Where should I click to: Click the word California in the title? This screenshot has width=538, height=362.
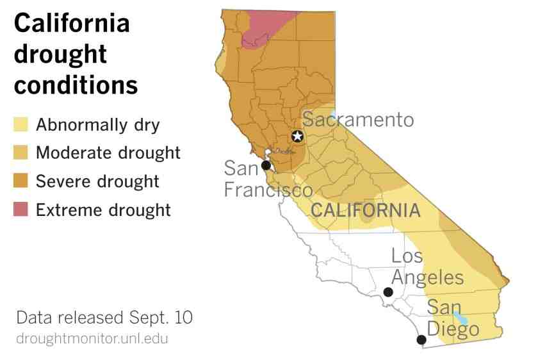tap(72, 24)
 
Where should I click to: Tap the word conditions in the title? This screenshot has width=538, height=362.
tap(76, 85)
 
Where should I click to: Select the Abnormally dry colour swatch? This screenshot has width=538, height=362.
tap(21, 124)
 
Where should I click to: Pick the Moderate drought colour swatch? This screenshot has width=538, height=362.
tap(21, 153)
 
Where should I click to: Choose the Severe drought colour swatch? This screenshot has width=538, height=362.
tap(21, 181)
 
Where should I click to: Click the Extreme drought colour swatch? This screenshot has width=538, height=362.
tap(21, 210)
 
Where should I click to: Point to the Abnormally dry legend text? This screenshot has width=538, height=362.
tap(98, 124)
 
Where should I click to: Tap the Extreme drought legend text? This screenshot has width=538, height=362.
tap(103, 210)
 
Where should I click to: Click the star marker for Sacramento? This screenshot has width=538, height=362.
tap(297, 136)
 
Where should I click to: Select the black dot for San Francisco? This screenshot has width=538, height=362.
tap(266, 165)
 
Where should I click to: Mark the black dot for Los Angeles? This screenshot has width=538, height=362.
tap(387, 292)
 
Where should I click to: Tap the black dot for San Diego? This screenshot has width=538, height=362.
tap(421, 340)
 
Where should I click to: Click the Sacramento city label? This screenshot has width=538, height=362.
tap(358, 120)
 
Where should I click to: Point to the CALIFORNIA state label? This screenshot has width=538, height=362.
tap(365, 210)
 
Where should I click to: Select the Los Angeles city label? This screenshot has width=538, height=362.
tap(427, 267)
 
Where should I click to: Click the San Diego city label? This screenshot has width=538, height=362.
tap(452, 318)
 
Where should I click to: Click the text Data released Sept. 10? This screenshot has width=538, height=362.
tap(104, 318)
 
